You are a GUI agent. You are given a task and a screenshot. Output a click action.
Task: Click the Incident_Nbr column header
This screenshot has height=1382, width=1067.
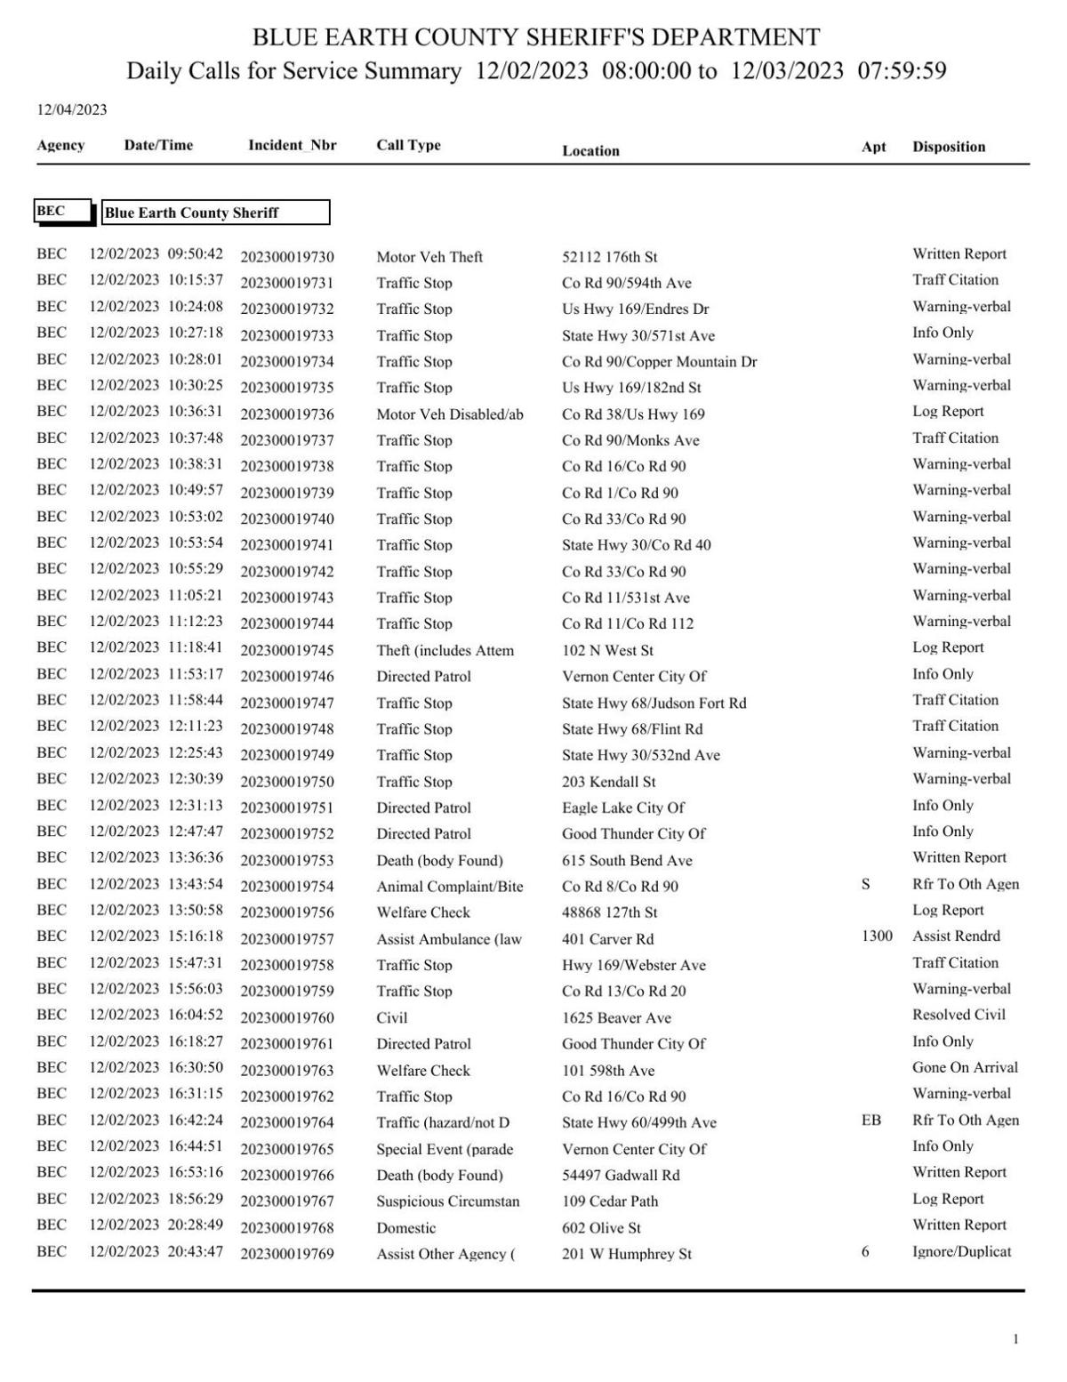(292, 145)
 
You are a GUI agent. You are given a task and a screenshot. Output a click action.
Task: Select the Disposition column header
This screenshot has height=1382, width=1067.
(948, 147)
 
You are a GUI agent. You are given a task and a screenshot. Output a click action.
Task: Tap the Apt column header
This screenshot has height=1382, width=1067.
(873, 147)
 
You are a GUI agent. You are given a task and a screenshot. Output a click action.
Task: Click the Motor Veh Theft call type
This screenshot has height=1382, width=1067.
(429, 257)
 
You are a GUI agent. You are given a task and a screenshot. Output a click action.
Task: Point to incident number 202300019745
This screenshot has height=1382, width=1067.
(287, 651)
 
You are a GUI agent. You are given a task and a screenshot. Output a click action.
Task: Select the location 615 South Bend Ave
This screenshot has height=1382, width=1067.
(627, 861)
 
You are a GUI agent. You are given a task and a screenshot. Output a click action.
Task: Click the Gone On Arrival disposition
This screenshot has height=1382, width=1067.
(965, 1067)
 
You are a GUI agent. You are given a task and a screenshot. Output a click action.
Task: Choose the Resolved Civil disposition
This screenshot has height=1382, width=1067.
(959, 1015)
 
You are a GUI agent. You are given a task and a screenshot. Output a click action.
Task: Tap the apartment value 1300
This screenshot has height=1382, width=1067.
(877, 936)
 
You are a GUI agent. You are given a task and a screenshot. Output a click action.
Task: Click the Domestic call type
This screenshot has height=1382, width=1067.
(405, 1228)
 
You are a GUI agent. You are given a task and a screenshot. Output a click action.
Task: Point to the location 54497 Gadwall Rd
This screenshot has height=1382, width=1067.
(620, 1176)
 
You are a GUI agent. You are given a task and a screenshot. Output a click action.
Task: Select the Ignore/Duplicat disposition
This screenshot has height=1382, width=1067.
(961, 1251)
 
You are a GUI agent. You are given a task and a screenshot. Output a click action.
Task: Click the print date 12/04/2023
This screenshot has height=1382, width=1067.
(71, 109)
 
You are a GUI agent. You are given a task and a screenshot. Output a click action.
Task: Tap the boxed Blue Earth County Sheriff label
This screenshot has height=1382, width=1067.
(215, 213)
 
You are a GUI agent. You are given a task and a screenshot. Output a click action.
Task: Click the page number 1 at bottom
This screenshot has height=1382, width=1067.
(1015, 1339)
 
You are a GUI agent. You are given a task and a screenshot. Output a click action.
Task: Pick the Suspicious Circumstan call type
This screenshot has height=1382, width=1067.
(447, 1201)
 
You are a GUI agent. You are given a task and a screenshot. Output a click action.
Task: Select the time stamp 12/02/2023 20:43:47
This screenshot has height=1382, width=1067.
(156, 1251)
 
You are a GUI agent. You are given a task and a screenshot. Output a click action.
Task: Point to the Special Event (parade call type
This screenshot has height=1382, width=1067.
(445, 1149)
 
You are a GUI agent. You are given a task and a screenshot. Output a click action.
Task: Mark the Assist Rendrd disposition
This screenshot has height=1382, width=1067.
(956, 936)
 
